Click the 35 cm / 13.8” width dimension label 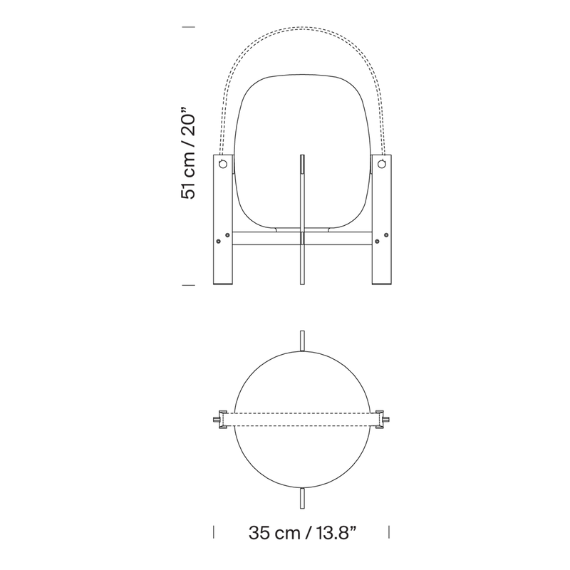pos(302,533)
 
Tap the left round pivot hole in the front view pos(223,164)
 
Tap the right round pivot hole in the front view pos(381,164)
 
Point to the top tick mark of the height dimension pos(188,27)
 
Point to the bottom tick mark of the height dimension pos(188,285)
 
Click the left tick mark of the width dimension pos(213,532)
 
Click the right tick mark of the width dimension pos(389,532)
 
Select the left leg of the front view pos(222,219)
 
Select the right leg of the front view pos(382,219)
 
